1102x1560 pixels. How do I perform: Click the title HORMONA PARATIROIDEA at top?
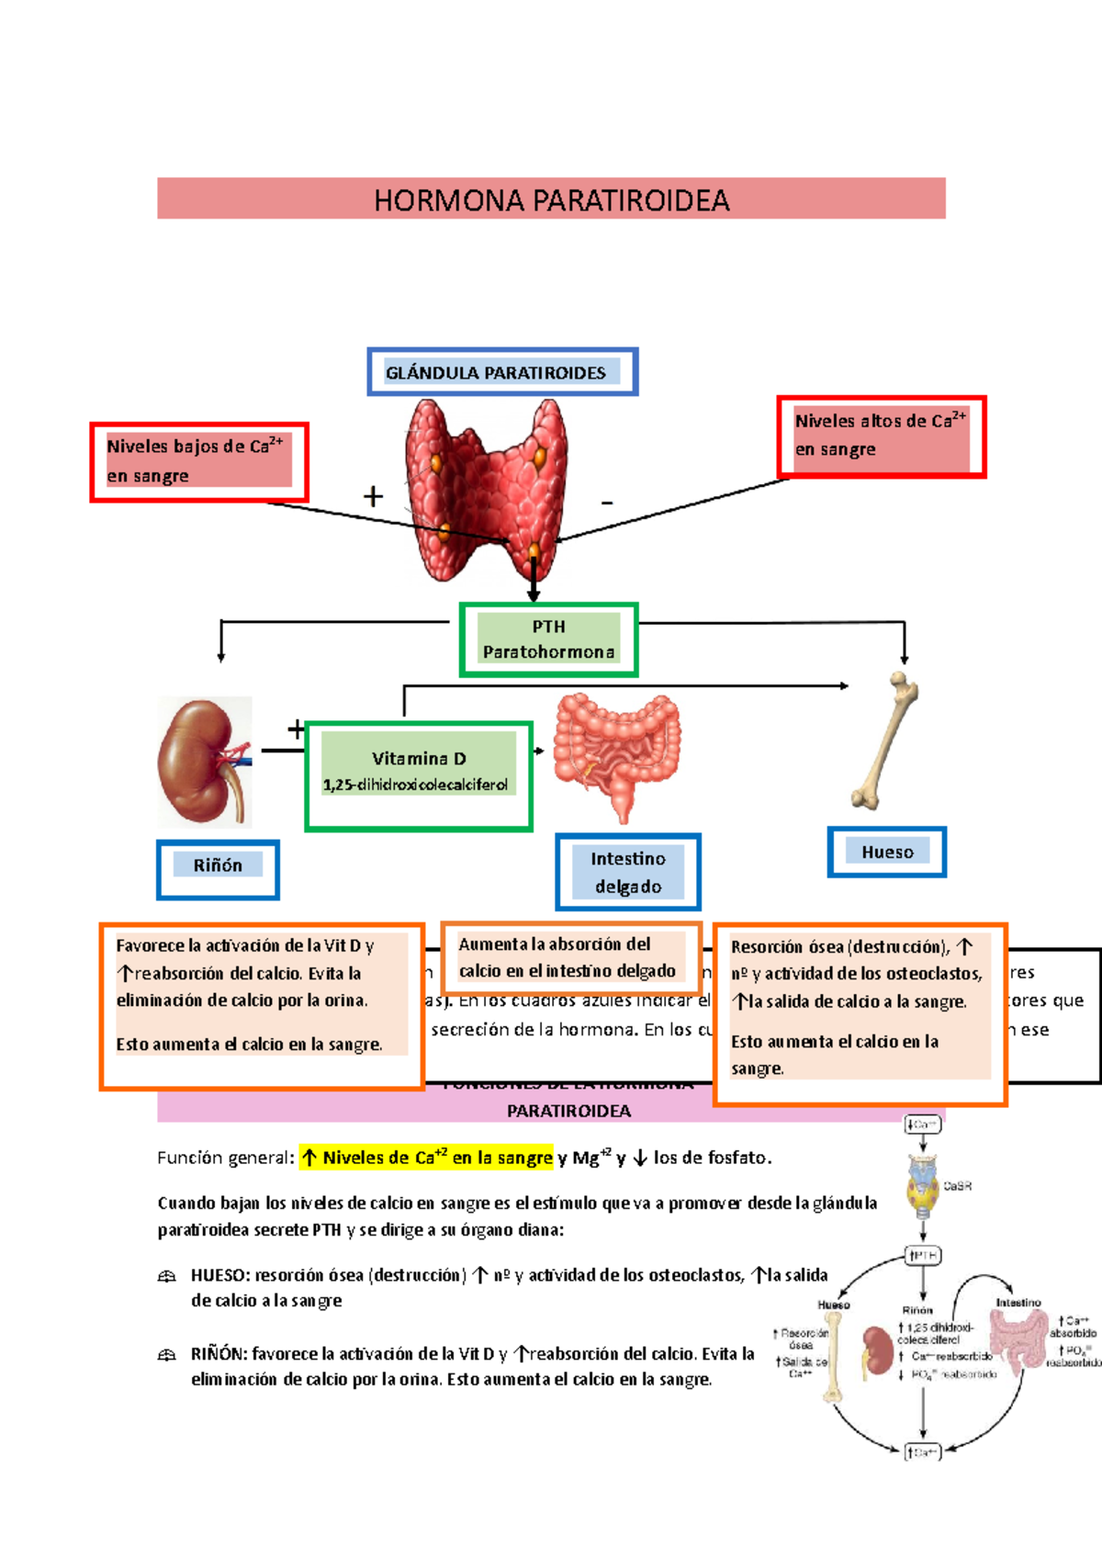pyautogui.click(x=551, y=199)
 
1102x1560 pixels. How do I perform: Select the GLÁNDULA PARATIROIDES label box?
pyautogui.click(x=502, y=372)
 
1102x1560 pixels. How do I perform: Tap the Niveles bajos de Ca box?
pyautogui.click(x=198, y=461)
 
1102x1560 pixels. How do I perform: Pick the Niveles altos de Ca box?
pyautogui.click(x=881, y=435)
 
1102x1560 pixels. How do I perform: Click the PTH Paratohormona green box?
pyautogui.click(x=548, y=639)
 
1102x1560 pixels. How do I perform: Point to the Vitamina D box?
pyautogui.click(x=419, y=775)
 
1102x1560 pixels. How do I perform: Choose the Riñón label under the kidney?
pyautogui.click(x=218, y=865)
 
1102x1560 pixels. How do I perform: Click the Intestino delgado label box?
pyautogui.click(x=628, y=872)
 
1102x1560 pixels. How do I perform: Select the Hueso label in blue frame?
pyautogui.click(x=887, y=852)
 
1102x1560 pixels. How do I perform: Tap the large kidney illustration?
pyautogui.click(x=203, y=763)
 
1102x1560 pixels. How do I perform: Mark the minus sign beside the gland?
pyautogui.click(x=607, y=503)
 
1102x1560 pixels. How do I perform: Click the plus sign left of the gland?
pyautogui.click(x=373, y=497)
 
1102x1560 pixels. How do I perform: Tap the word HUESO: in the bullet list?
pyautogui.click(x=219, y=1275)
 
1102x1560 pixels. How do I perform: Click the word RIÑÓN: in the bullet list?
pyautogui.click(x=219, y=1353)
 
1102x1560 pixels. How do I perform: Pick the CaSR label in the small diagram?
pyautogui.click(x=957, y=1186)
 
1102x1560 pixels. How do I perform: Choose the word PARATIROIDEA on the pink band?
pyautogui.click(x=568, y=1111)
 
